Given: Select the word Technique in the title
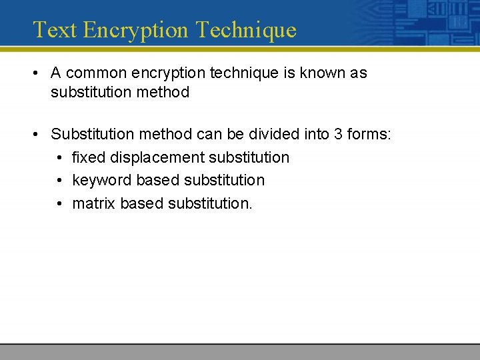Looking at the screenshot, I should click(247, 30).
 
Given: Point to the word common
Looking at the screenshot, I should click(99, 73).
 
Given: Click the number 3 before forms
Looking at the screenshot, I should click(338, 134).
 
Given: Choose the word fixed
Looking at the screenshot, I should click(89, 157).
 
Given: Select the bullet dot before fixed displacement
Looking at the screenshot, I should click(60, 157).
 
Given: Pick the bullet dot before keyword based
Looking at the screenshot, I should click(60, 180).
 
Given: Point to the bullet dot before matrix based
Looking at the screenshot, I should click(60, 203).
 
